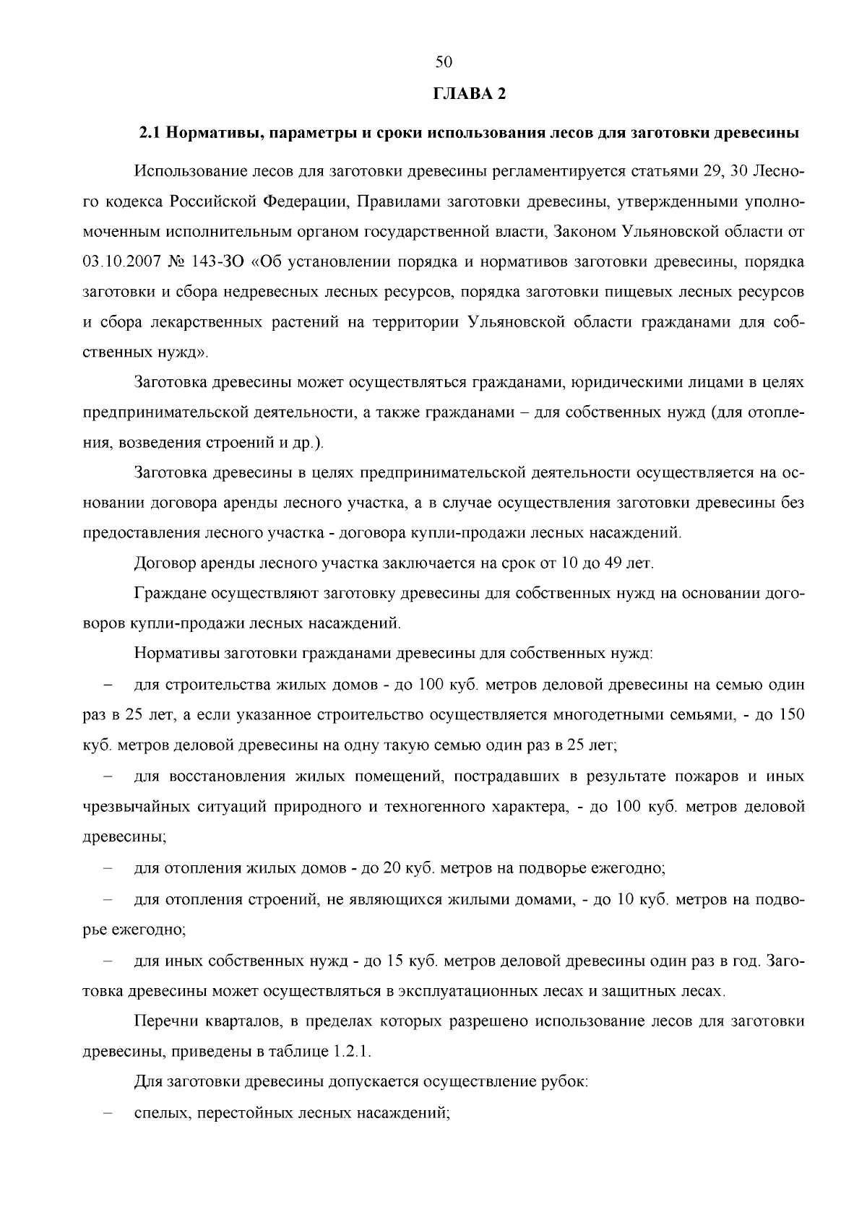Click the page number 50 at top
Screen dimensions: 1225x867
pyautogui.click(x=444, y=63)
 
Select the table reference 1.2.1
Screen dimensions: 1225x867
pyautogui.click(x=352, y=1051)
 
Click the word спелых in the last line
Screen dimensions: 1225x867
pyautogui.click(x=158, y=1113)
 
